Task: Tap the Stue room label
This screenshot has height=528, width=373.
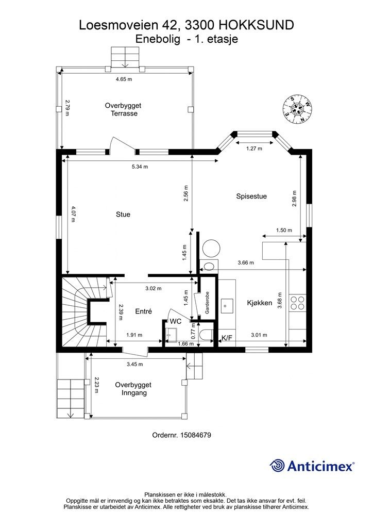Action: (x=123, y=214)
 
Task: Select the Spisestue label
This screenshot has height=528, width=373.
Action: (x=251, y=196)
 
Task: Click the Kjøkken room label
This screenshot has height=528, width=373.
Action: (x=259, y=303)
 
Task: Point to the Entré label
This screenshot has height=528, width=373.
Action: (x=143, y=311)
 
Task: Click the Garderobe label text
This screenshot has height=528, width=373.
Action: (x=207, y=303)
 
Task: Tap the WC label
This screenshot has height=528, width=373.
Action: (x=175, y=322)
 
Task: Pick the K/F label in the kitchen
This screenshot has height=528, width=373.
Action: (x=226, y=338)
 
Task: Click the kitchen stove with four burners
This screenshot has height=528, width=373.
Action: (x=298, y=302)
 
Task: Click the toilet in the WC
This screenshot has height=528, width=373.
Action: (x=206, y=335)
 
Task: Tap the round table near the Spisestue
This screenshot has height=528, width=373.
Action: (x=211, y=249)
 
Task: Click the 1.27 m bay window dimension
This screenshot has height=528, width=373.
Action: (x=255, y=148)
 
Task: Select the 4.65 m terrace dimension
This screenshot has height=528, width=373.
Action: (x=124, y=79)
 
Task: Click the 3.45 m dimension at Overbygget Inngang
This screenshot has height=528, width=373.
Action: (x=134, y=365)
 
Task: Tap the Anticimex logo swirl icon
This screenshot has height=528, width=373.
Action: (x=277, y=466)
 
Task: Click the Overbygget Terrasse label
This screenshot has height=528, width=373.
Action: (x=123, y=109)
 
